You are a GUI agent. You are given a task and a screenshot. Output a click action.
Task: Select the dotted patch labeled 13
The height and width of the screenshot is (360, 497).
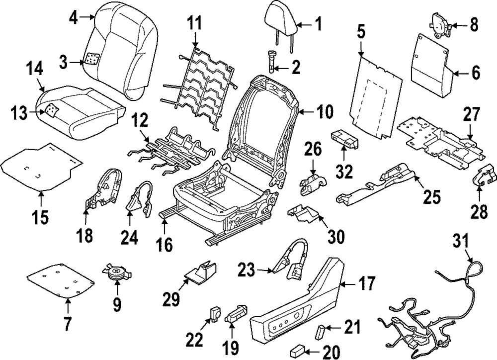tap(51, 109)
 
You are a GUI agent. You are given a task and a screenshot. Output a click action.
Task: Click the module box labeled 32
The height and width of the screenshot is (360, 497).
tap(344, 140)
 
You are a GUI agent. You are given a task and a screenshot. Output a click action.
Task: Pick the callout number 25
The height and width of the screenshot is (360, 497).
tap(430, 197)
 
